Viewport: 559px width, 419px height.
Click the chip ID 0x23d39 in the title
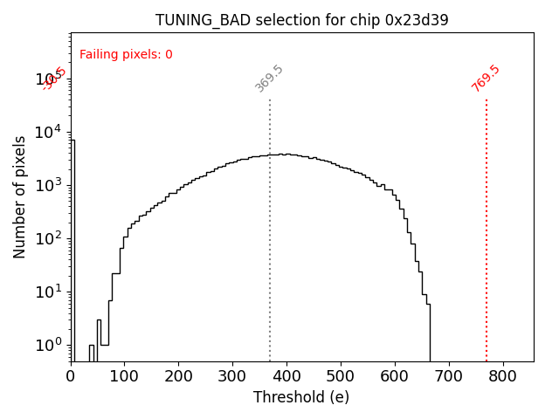point(417,20)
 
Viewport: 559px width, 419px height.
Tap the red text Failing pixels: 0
point(126,54)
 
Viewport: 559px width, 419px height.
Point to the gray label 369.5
point(269,79)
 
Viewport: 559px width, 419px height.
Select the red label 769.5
point(486,78)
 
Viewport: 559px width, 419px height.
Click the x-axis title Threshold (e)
point(301,397)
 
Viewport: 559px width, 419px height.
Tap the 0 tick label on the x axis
point(71,376)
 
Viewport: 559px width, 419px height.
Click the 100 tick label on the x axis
point(125,376)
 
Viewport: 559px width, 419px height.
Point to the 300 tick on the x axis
point(232,376)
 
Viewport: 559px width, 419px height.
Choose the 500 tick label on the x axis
point(341,376)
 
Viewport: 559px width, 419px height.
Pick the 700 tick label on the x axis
point(449,376)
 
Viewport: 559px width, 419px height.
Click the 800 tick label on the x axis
point(503,376)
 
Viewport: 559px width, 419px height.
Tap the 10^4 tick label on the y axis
point(49,132)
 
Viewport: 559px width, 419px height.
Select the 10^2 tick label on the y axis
point(49,238)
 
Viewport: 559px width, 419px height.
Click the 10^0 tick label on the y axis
point(49,345)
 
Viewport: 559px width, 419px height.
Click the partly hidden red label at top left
point(54,79)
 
